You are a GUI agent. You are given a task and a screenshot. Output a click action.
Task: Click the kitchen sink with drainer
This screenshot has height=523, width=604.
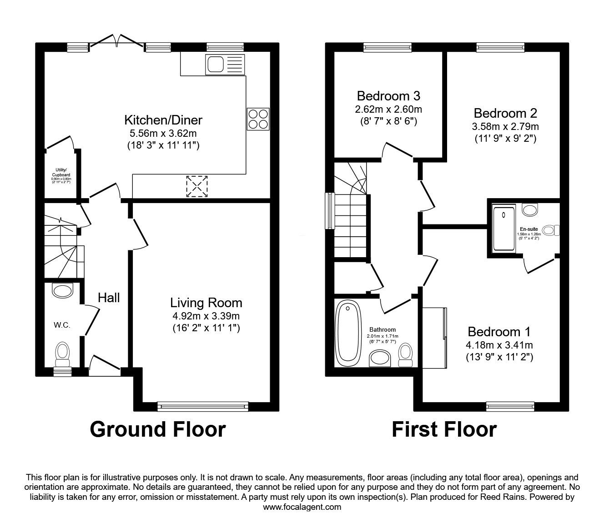tap(225, 64)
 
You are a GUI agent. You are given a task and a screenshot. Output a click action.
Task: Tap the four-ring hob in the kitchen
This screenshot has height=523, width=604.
tap(258, 120)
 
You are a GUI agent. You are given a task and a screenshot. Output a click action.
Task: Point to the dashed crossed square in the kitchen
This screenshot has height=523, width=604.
tap(197, 186)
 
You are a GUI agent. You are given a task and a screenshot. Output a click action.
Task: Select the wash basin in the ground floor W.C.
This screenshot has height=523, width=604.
tap(62, 289)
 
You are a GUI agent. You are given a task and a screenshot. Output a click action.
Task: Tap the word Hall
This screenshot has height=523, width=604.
tap(109, 297)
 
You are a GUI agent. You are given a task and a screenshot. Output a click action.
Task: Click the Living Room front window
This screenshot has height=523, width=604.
tap(202, 406)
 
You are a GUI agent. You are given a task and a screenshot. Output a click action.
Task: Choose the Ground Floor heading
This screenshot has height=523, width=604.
tap(157, 429)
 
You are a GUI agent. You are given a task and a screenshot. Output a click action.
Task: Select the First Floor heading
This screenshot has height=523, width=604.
tap(444, 429)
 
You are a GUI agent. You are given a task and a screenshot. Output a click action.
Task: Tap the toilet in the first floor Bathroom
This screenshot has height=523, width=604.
tap(406, 354)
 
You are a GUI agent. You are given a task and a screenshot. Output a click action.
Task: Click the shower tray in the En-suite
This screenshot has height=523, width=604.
tap(504, 228)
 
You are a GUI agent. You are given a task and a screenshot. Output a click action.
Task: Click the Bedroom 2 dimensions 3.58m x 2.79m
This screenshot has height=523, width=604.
tap(506, 126)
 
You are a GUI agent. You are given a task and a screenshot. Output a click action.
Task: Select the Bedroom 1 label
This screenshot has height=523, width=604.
tap(499, 331)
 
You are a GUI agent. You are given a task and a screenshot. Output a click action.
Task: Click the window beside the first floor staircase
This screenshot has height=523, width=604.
tap(329, 211)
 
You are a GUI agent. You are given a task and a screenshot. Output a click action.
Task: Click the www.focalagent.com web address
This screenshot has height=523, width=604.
tap(302, 507)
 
